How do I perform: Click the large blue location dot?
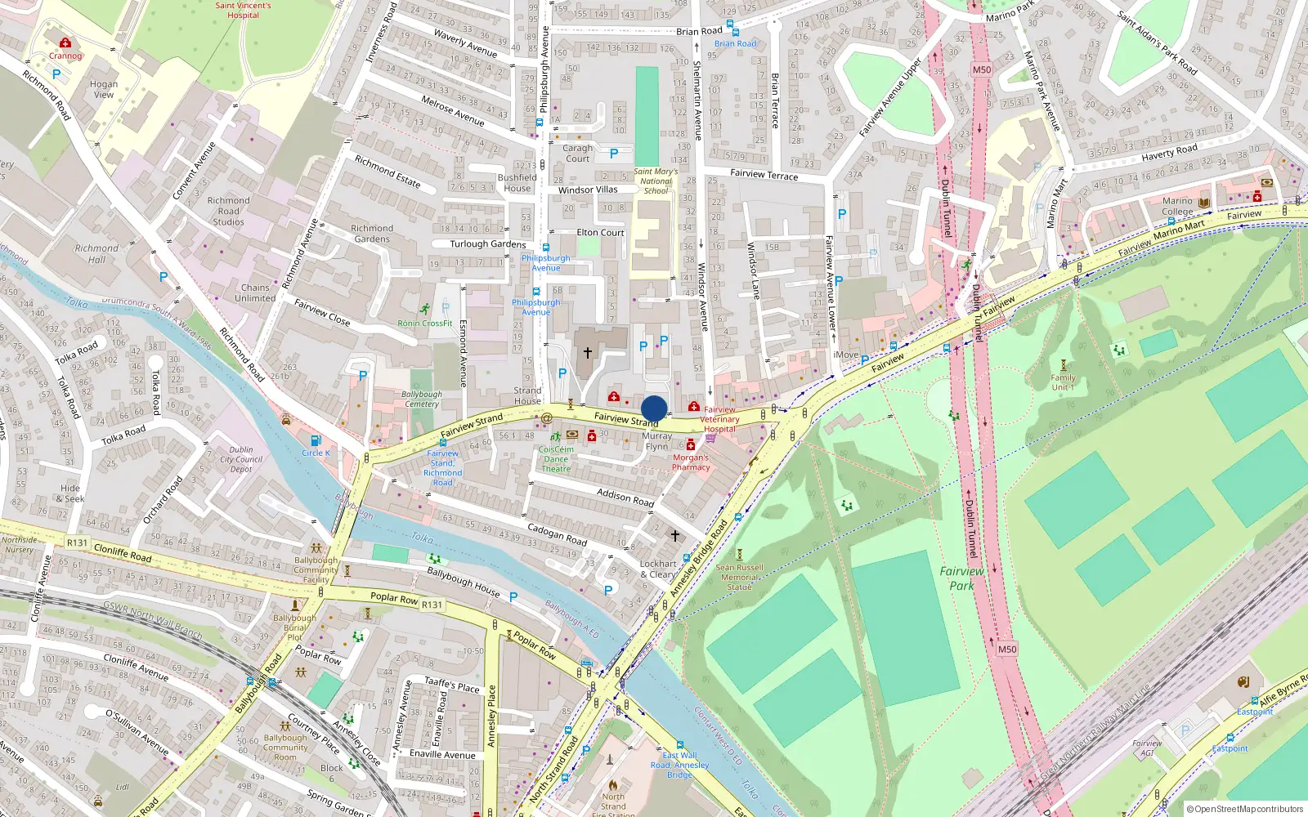(654, 408)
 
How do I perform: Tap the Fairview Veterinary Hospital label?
(719, 420)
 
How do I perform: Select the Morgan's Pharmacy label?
(691, 462)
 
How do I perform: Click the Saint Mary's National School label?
(656, 181)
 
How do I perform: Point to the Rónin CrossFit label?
(425, 324)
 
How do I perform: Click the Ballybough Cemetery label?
(422, 399)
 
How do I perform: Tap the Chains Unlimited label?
(255, 293)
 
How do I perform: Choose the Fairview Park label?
(961, 578)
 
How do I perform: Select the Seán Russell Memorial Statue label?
(739, 577)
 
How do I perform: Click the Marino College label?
(1177, 206)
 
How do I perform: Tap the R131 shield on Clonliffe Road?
(77, 542)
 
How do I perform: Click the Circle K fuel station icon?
(316, 441)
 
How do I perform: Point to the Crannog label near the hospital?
(65, 56)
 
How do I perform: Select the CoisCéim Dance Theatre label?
(556, 459)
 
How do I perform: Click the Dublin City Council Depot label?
(241, 459)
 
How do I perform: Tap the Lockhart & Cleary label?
(658, 569)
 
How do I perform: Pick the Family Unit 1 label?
(1063, 382)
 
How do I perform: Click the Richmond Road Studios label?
(229, 211)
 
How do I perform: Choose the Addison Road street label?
(625, 498)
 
